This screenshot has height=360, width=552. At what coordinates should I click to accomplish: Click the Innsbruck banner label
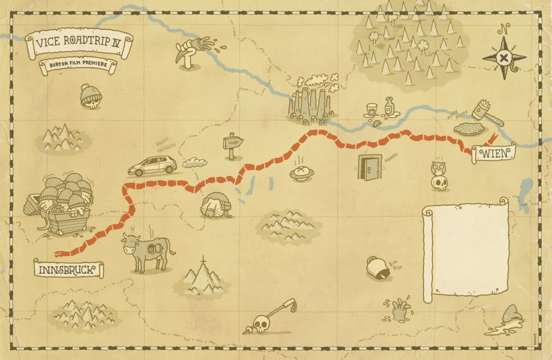[68, 268]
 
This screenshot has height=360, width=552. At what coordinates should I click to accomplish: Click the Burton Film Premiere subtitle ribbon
[78, 66]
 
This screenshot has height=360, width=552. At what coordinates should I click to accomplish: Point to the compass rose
[504, 57]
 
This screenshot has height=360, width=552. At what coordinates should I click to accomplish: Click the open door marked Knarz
[370, 168]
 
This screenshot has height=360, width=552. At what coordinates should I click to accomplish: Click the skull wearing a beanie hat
[91, 96]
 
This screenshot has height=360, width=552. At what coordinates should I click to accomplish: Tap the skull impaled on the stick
[261, 324]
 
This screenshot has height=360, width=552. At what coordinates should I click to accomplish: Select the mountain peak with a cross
[203, 276]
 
